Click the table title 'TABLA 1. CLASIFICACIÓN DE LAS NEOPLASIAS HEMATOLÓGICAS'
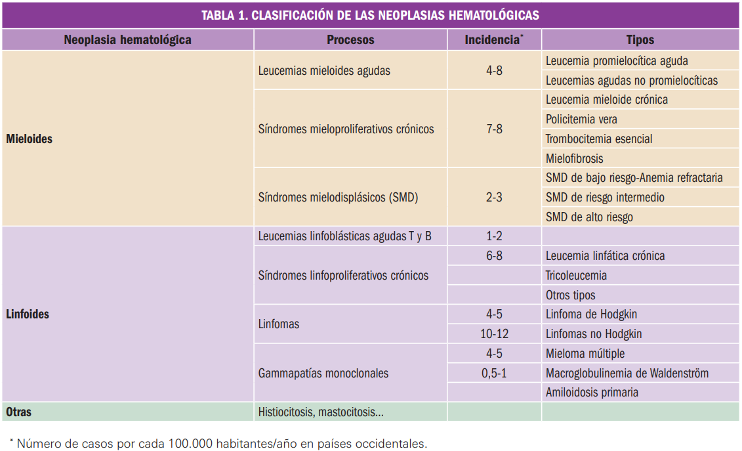pyautogui.click(x=371, y=15)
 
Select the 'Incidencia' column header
pyautogui.click(x=493, y=39)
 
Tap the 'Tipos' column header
pyautogui.click(x=640, y=39)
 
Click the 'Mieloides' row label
pyautogui.click(x=29, y=139)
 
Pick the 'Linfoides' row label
pyautogui.click(x=28, y=314)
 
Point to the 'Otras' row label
pyautogui.click(x=18, y=412)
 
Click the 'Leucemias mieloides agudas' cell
pyautogui.click(x=324, y=70)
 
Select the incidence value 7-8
pyautogui.click(x=494, y=129)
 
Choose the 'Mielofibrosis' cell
pyautogui.click(x=574, y=158)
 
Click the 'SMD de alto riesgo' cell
pyautogui.click(x=589, y=217)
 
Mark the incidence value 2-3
pyautogui.click(x=494, y=197)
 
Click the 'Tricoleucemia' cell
pyautogui.click(x=576, y=275)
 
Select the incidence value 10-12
pyautogui.click(x=494, y=333)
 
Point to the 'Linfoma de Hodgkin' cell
pyautogui.click(x=591, y=314)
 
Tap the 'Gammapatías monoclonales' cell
pyautogui.click(x=323, y=373)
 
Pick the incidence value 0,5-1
pyautogui.click(x=494, y=373)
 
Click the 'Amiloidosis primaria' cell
pyautogui.click(x=592, y=393)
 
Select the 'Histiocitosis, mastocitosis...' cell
pyautogui.click(x=321, y=412)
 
